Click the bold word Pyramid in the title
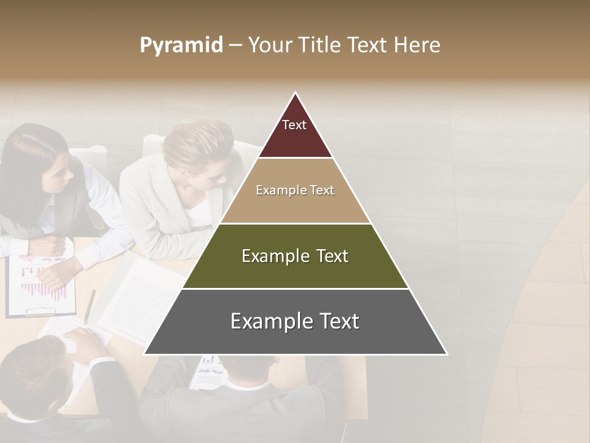click(x=181, y=46)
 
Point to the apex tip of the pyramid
click(x=296, y=94)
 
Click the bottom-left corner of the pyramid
click(x=145, y=354)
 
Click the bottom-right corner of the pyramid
click(x=446, y=354)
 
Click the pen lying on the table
click(x=90, y=306)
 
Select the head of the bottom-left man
click(x=31, y=375)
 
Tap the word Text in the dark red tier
click(x=294, y=125)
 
